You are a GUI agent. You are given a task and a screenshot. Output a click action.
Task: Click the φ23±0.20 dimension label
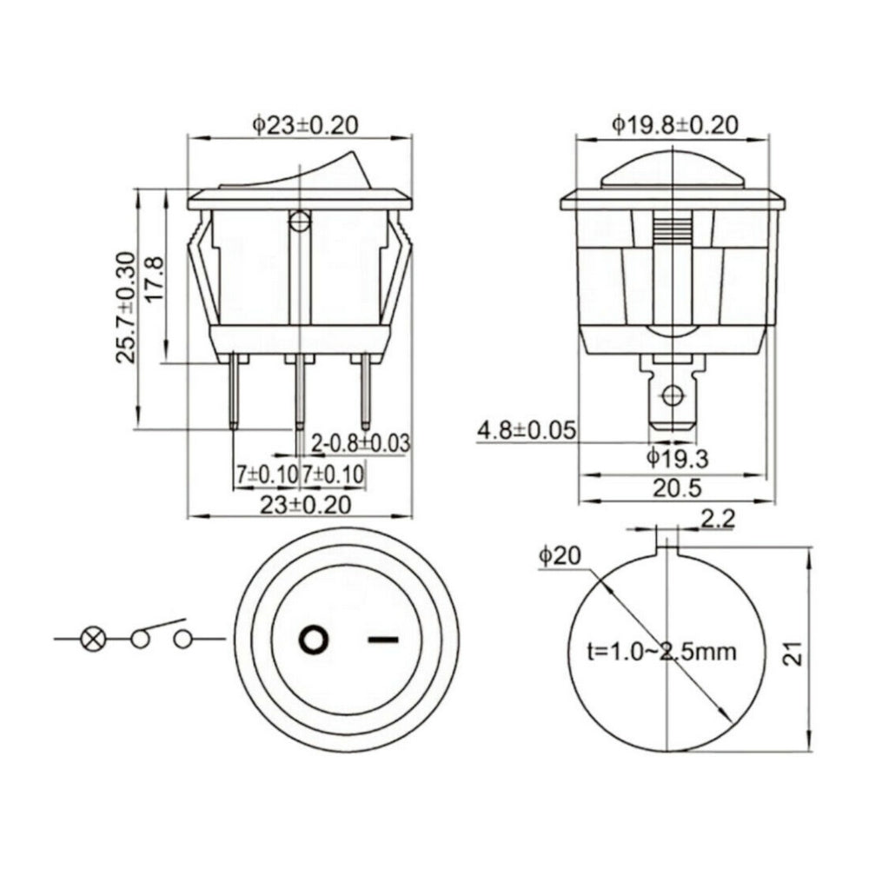pos(305,125)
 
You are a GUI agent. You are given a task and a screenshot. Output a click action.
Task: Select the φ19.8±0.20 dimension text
pos(674,125)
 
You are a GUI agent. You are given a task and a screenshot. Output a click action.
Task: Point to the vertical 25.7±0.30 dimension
pos(127,307)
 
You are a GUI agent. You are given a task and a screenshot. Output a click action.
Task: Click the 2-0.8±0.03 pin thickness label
pos(360,442)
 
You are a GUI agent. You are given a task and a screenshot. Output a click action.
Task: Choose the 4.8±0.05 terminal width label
pos(527,429)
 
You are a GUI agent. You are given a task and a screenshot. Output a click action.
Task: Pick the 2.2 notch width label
pos(718,520)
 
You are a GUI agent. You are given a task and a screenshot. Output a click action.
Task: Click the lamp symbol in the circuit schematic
pos(92,640)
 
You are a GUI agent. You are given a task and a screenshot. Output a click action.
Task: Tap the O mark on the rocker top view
pos(314,640)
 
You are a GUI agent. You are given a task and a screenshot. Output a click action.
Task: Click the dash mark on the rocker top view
pos(383,640)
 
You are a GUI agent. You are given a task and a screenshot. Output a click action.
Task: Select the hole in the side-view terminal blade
pos(671,397)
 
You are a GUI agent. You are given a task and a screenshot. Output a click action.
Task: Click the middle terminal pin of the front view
pos(300,391)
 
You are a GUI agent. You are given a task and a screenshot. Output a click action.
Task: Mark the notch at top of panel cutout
pos(666,546)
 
